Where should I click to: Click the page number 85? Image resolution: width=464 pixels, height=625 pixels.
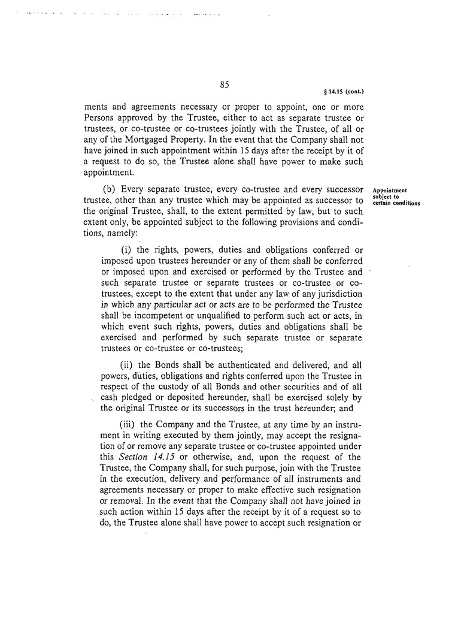[225, 84]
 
